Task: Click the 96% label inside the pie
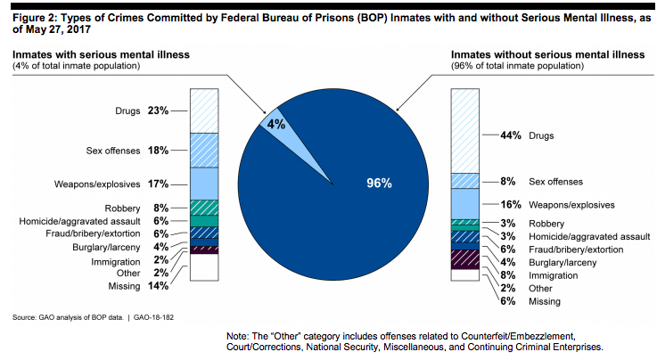(379, 183)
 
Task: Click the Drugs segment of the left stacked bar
(206, 110)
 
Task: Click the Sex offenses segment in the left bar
(206, 150)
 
